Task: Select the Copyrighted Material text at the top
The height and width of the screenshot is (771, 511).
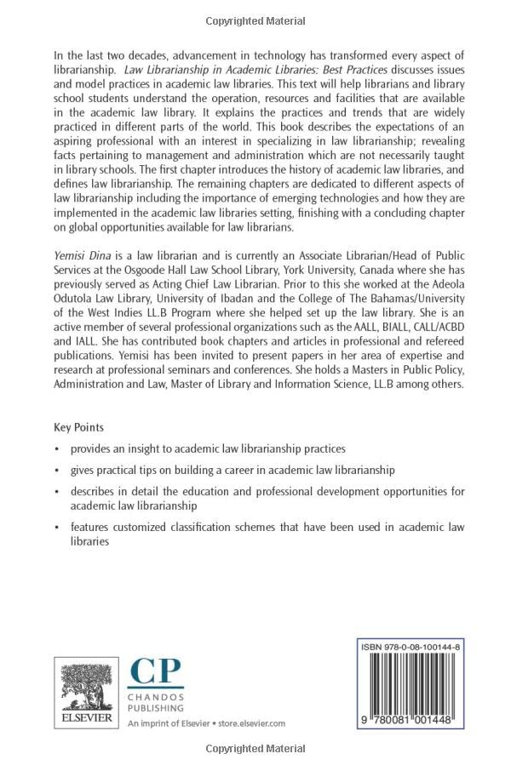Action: (255, 18)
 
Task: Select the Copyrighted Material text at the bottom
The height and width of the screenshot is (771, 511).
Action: (255, 749)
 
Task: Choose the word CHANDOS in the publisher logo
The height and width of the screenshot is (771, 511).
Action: (156, 696)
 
